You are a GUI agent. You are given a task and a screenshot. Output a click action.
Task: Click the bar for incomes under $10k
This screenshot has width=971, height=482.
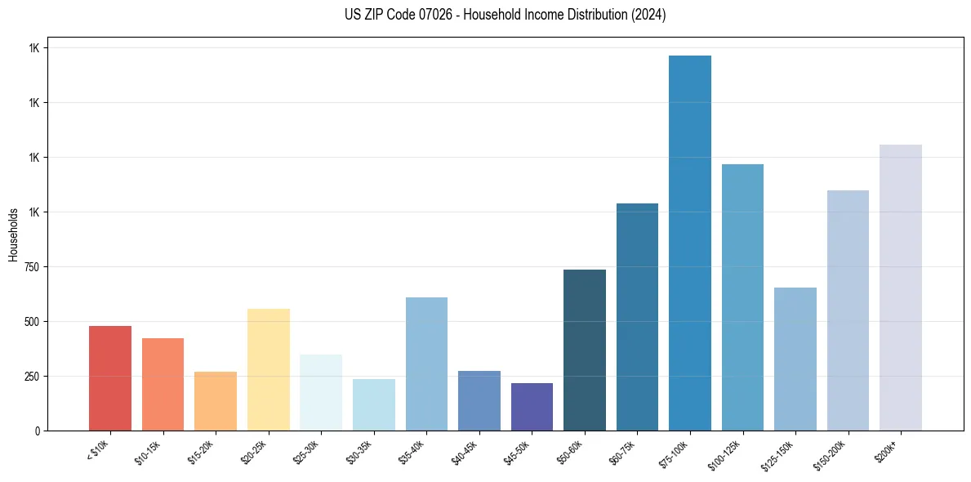coord(110,378)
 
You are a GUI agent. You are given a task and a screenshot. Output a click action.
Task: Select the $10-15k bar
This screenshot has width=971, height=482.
coord(163,384)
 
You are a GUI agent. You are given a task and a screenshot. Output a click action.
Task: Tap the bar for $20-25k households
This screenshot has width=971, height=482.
coord(268,369)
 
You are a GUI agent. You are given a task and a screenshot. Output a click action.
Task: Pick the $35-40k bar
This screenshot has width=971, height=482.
coord(426,364)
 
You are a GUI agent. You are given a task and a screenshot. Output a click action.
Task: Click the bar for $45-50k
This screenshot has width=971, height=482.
coord(532,407)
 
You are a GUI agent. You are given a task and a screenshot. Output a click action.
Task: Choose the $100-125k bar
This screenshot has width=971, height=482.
coord(742,297)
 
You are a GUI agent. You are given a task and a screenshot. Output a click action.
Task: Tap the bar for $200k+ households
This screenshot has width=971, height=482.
coord(901,288)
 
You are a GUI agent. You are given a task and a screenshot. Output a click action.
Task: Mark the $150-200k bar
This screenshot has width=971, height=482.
coord(848,310)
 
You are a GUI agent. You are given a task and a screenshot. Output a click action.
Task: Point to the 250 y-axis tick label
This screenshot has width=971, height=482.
coord(31,377)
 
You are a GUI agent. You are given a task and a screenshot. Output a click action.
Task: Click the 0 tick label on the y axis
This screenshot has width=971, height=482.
coord(38,431)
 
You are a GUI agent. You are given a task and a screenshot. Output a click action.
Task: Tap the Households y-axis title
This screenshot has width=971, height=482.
coord(13,234)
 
